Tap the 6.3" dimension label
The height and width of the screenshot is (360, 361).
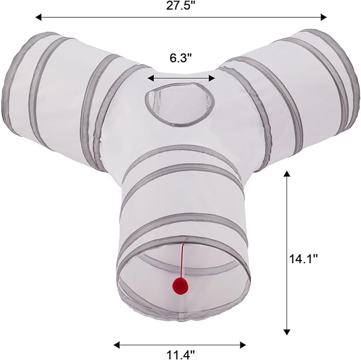click(181, 58)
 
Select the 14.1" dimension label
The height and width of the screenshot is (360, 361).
click(303, 259)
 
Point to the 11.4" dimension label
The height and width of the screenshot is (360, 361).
click(180, 354)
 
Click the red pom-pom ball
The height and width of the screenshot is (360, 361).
click(180, 286)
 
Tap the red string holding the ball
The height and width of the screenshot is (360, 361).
click(183, 260)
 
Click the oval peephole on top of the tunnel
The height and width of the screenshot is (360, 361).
click(180, 105)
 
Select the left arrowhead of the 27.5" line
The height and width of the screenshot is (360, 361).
click(38, 17)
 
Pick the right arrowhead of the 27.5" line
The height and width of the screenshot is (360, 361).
click(324, 17)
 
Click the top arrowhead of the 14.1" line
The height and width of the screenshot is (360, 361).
click(287, 174)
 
